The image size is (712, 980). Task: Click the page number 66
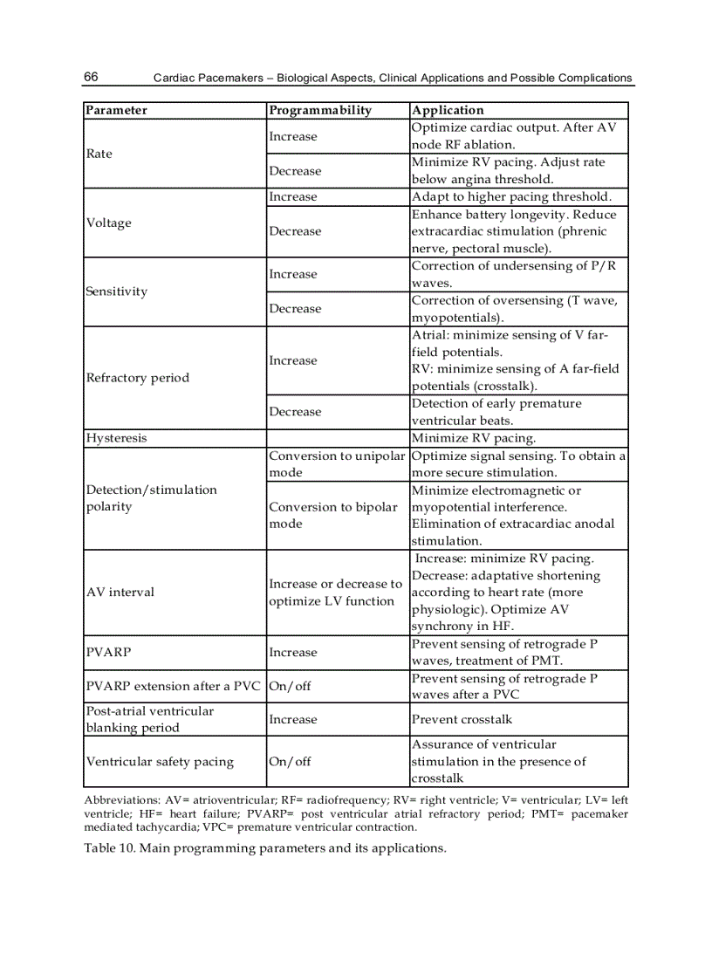(x=91, y=77)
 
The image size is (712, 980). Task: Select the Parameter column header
(x=116, y=110)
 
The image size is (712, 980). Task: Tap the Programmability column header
(x=320, y=110)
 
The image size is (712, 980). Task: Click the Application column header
(x=447, y=110)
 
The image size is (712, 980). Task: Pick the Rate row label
(x=99, y=154)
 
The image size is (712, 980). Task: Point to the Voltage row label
(x=109, y=223)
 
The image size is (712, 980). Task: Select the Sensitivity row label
(x=116, y=291)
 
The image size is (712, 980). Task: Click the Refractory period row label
(x=137, y=378)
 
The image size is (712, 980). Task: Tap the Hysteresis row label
(x=116, y=438)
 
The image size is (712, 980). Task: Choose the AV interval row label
(x=120, y=592)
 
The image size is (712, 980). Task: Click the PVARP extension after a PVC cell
(x=173, y=686)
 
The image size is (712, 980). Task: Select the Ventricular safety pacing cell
(x=160, y=762)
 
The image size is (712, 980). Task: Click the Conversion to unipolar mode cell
(x=337, y=464)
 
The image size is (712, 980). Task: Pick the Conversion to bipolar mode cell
(x=332, y=515)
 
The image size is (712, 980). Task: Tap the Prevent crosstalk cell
(x=462, y=719)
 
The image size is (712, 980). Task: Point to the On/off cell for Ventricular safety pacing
(x=290, y=762)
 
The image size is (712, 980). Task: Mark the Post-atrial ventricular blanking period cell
(x=149, y=719)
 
